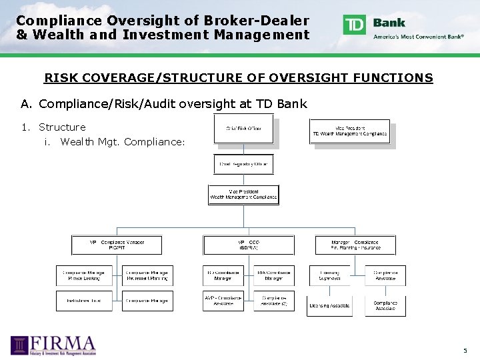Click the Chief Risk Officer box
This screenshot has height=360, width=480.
point(243,128)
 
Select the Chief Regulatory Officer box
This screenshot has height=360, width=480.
point(243,164)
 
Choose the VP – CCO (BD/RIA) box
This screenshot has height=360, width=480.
point(248,245)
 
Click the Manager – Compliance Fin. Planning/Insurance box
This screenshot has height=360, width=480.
point(355,245)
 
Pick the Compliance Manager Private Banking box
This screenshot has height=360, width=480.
point(83,275)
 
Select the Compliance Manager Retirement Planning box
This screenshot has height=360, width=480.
point(147,275)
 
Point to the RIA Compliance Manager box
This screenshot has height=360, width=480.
point(274,275)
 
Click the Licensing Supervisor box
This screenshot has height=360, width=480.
point(329,275)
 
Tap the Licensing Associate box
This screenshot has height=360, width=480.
point(329,305)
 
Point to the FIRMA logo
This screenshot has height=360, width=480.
point(53,345)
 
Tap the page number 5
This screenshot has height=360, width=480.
point(465,351)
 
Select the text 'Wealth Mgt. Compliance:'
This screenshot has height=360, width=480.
point(122,141)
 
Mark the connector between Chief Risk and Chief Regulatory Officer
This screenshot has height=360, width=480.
point(243,149)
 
